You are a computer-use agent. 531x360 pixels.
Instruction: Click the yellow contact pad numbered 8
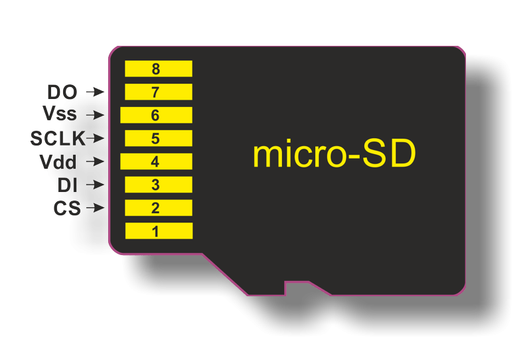coord(158,68)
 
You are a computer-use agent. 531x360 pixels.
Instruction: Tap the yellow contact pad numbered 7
coord(158,92)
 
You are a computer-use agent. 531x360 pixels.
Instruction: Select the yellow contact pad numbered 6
coord(156,115)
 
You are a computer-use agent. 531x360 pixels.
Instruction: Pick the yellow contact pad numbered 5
coord(158,138)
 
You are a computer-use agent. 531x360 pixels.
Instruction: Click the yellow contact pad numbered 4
coord(156,161)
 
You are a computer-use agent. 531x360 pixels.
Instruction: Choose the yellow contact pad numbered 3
coord(158,185)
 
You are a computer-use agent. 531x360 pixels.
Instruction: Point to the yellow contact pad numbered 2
coord(158,208)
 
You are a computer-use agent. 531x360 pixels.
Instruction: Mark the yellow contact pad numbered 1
coord(158,231)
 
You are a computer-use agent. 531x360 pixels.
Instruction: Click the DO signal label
coord(62,92)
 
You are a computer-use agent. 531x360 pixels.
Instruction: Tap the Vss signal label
coord(60,115)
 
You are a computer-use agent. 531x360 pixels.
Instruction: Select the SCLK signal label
coord(57,138)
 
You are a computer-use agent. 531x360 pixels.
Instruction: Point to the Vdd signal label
coord(58,161)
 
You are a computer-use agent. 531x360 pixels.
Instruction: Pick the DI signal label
coord(68,185)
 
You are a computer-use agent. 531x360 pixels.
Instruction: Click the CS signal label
coord(67,208)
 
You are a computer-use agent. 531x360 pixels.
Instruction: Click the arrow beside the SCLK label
coord(96,138)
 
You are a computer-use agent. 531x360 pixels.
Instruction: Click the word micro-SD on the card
coord(334,154)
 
